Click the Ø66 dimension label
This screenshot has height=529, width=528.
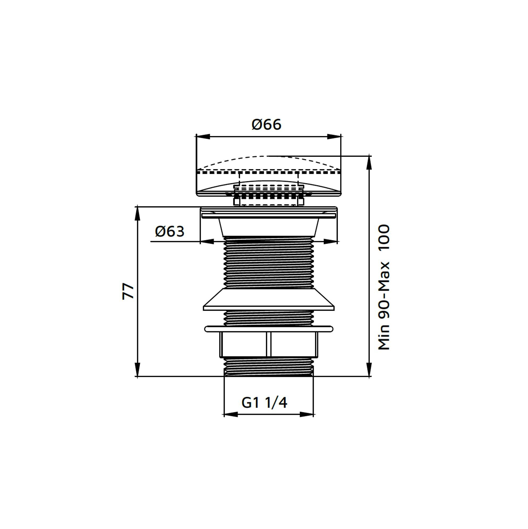pyautogui.click(x=266, y=125)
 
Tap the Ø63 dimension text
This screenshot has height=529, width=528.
pyautogui.click(x=170, y=231)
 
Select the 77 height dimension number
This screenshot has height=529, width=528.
pyautogui.click(x=128, y=291)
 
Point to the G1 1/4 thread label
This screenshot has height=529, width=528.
pyautogui.click(x=264, y=403)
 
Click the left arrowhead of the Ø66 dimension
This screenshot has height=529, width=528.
pyautogui.click(x=203, y=136)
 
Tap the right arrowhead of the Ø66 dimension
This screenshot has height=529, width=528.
pyautogui.click(x=334, y=136)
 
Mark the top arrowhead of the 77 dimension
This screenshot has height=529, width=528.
pyautogui.click(x=137, y=213)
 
